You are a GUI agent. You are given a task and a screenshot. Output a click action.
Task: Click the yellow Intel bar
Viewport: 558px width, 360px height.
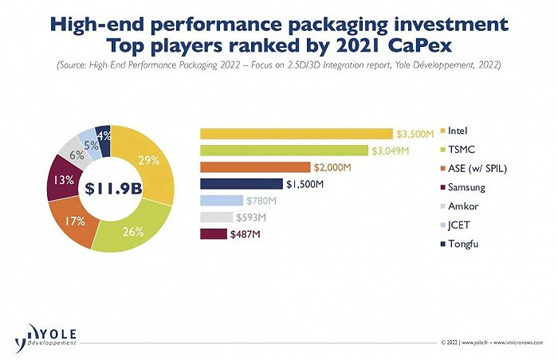(x=296, y=133)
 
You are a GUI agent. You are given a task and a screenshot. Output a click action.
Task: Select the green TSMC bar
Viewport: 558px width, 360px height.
(x=283, y=150)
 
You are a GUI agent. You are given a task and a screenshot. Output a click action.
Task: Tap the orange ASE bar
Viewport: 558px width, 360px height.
(x=254, y=167)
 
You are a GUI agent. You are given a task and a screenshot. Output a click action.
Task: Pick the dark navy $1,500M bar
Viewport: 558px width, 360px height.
(x=241, y=184)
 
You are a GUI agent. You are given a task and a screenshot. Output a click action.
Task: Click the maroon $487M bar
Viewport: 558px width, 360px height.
(x=213, y=233)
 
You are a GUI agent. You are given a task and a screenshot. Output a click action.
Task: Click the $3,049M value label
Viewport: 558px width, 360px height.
(x=390, y=151)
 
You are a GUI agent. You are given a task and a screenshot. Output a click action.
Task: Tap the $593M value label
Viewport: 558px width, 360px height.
(x=251, y=217)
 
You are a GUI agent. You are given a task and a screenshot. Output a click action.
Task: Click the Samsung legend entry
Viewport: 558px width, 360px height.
(x=466, y=186)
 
